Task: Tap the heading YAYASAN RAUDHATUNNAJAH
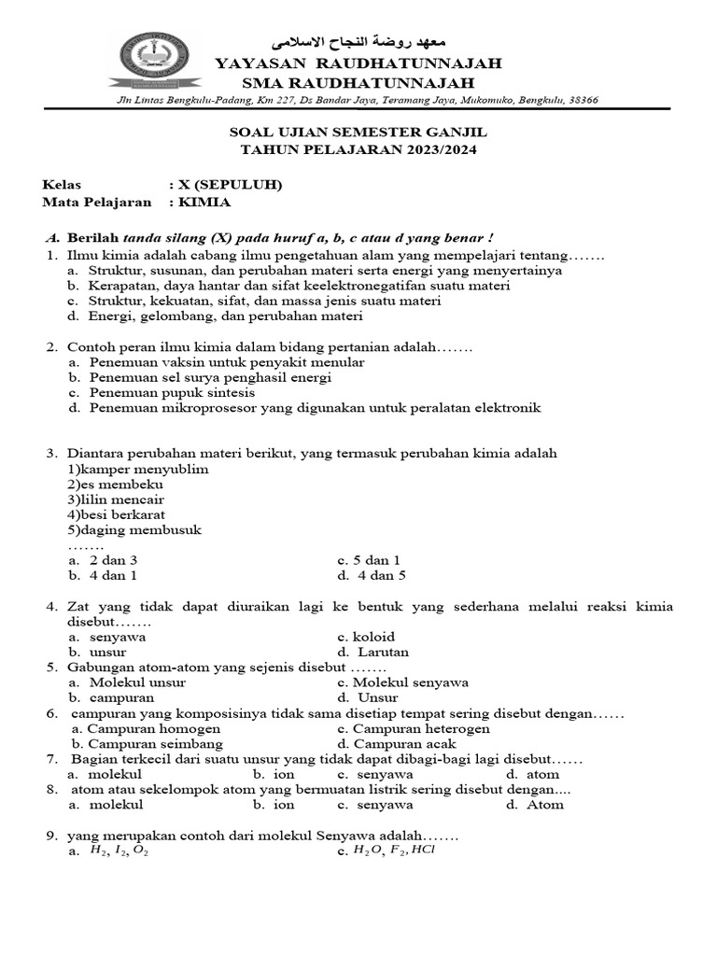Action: (x=358, y=63)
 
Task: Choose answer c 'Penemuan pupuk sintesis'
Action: (x=159, y=393)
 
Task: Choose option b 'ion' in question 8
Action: (x=284, y=804)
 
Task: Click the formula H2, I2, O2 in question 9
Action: (x=119, y=851)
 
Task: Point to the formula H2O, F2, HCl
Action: (x=394, y=851)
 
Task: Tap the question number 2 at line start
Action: (x=52, y=347)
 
